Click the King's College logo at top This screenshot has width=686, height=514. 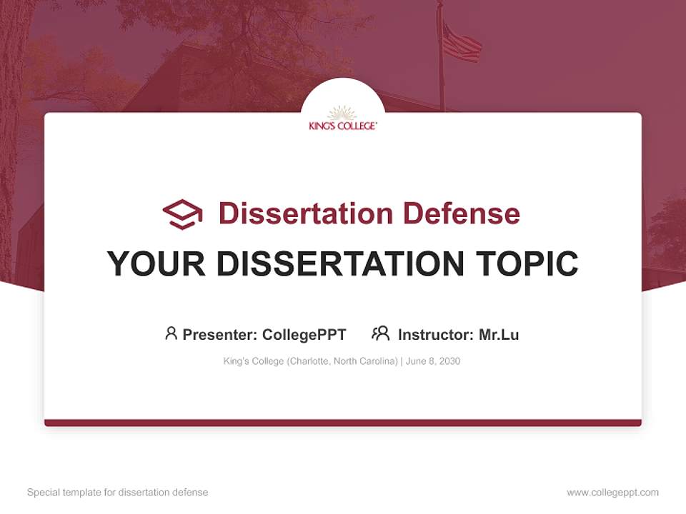pyautogui.click(x=342, y=119)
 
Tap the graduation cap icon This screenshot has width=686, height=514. pyautogui.click(x=182, y=213)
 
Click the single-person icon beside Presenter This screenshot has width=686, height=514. pyautogui.click(x=171, y=333)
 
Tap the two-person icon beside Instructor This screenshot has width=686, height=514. pyautogui.click(x=380, y=333)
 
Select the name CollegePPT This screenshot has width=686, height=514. pyautogui.click(x=304, y=335)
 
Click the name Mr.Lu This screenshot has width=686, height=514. pyautogui.click(x=499, y=335)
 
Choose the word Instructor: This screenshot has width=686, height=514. pyautogui.click(x=436, y=335)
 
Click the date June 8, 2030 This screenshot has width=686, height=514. pyautogui.click(x=433, y=361)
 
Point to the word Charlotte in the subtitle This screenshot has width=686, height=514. pyautogui.click(x=308, y=361)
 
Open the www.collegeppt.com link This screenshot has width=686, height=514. pyautogui.click(x=612, y=493)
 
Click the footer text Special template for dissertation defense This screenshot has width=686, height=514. pyautogui.click(x=118, y=493)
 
